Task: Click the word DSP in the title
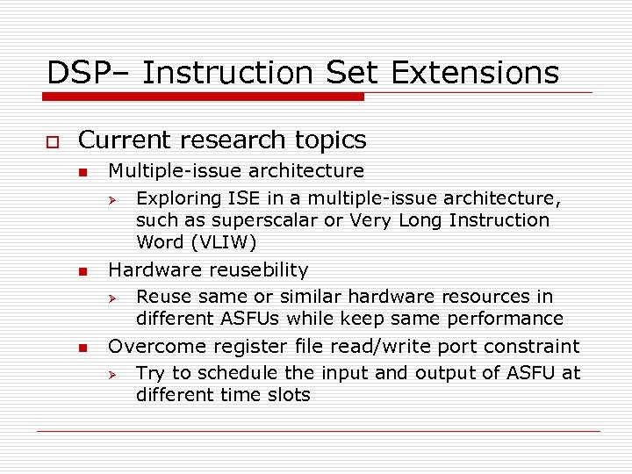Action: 75,72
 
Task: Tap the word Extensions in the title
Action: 475,72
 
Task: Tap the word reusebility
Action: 253,269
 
